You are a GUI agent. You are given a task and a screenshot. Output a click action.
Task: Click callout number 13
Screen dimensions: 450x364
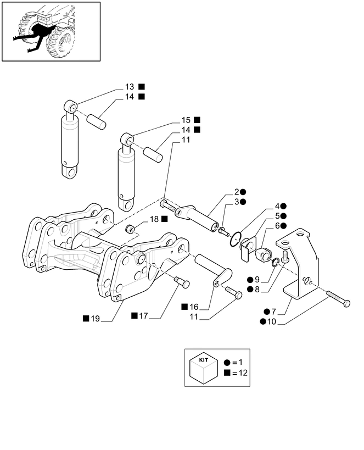click(x=130, y=87)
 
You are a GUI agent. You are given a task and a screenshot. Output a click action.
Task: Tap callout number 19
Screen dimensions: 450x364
click(x=94, y=318)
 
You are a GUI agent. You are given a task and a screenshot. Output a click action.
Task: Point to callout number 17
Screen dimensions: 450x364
click(x=144, y=315)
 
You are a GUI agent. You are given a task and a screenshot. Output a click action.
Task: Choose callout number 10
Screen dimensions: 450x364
click(x=272, y=321)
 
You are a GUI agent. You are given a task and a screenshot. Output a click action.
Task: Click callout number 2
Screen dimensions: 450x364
click(x=237, y=192)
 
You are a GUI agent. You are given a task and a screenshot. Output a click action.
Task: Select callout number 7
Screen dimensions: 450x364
click(x=273, y=312)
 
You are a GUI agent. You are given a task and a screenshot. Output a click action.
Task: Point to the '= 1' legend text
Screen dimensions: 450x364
click(x=237, y=363)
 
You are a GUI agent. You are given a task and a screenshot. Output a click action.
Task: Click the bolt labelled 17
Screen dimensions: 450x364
click(x=182, y=282)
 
